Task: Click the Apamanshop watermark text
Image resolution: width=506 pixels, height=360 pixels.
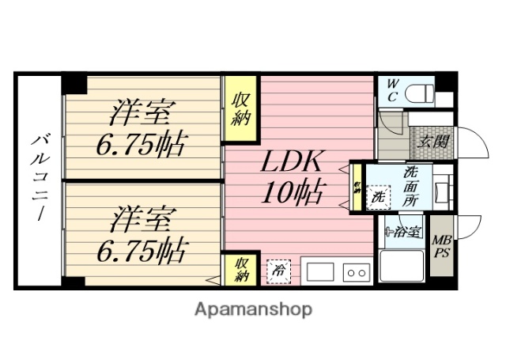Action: pyautogui.click(x=253, y=309)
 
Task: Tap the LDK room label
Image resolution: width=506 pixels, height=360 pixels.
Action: pyautogui.click(x=293, y=164)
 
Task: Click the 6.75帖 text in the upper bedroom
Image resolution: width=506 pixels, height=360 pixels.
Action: pyautogui.click(x=142, y=145)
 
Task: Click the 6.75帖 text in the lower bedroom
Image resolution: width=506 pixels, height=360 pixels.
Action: pyautogui.click(x=142, y=252)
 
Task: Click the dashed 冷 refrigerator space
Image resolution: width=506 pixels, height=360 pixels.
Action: pyautogui.click(x=278, y=271)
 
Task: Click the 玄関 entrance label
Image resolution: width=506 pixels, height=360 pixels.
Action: pyautogui.click(x=432, y=142)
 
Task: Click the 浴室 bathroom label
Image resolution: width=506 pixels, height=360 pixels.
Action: pyautogui.click(x=404, y=233)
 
